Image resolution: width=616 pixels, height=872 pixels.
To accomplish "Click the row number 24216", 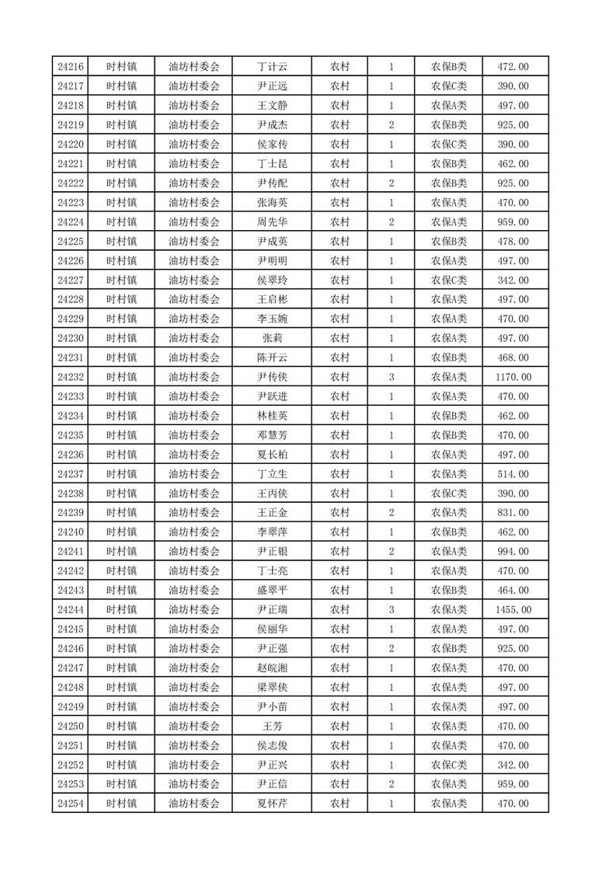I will tap(71, 67).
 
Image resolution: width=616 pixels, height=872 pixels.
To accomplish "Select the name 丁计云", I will tap(272, 67).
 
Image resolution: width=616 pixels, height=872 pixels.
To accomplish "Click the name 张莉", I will tap(272, 338).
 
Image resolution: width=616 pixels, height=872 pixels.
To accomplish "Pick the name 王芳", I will tap(272, 726).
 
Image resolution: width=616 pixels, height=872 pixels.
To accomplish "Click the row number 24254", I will tap(71, 804).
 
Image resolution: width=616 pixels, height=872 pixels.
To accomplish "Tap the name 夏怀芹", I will tap(272, 804).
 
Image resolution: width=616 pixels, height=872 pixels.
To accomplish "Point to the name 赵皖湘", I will tap(272, 668).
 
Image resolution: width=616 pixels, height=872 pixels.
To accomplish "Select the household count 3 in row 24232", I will tap(391, 377).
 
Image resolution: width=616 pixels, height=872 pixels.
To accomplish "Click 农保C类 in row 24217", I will tap(449, 86).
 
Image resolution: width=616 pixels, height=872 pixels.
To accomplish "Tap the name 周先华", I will tap(272, 222).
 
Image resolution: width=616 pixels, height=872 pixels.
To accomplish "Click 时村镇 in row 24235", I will tap(122, 435).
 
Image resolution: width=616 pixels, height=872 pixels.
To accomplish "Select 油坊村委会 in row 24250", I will tap(194, 726).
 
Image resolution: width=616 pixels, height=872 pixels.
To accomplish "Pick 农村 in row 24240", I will tap(339, 532).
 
